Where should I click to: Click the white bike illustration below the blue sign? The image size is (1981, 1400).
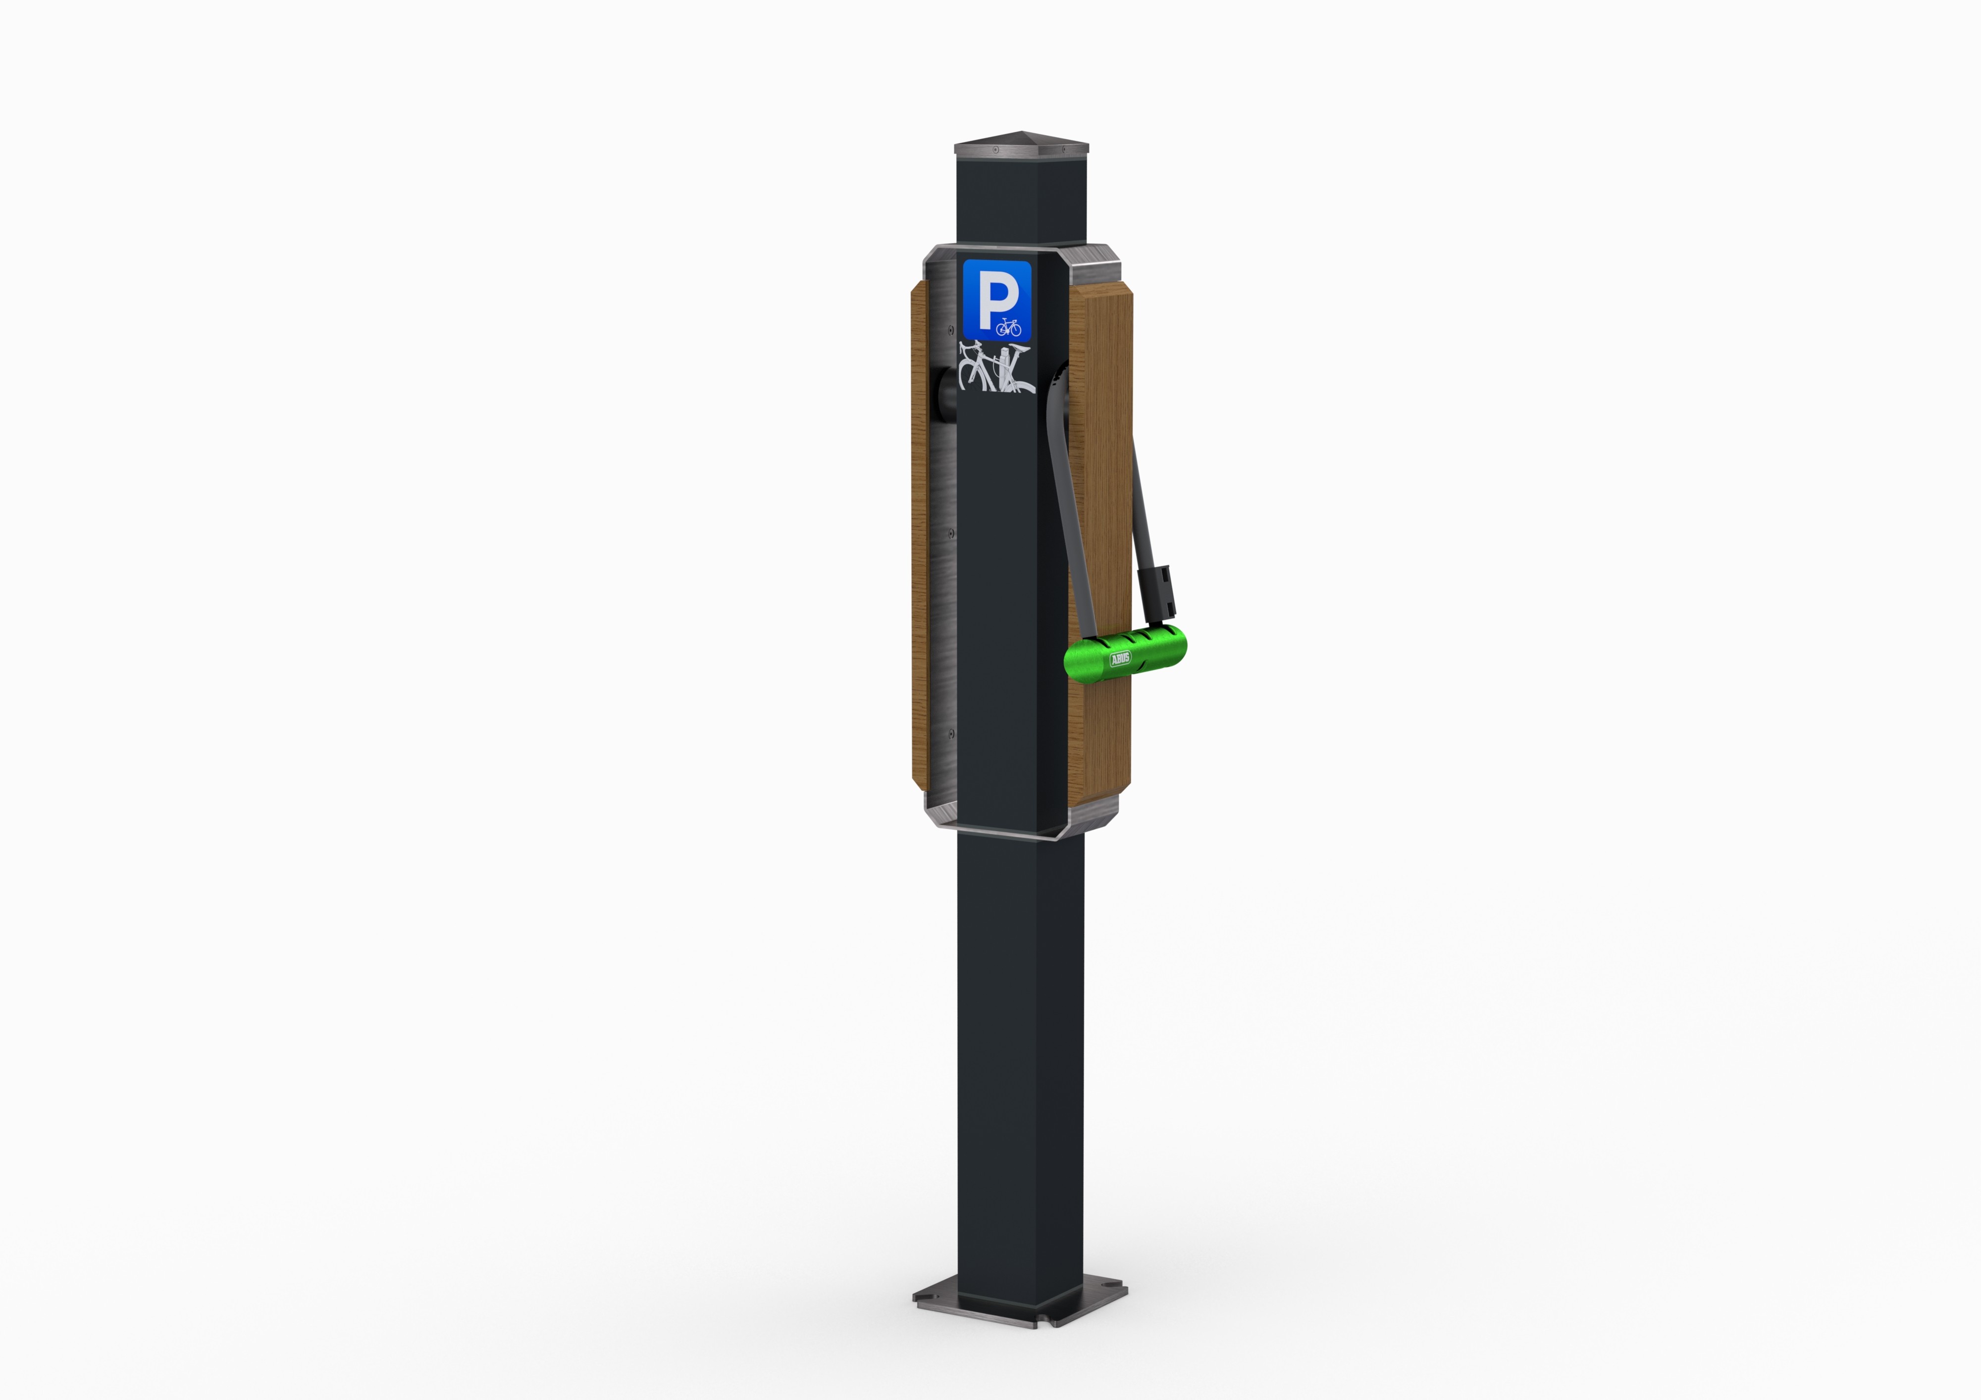[x=996, y=367]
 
